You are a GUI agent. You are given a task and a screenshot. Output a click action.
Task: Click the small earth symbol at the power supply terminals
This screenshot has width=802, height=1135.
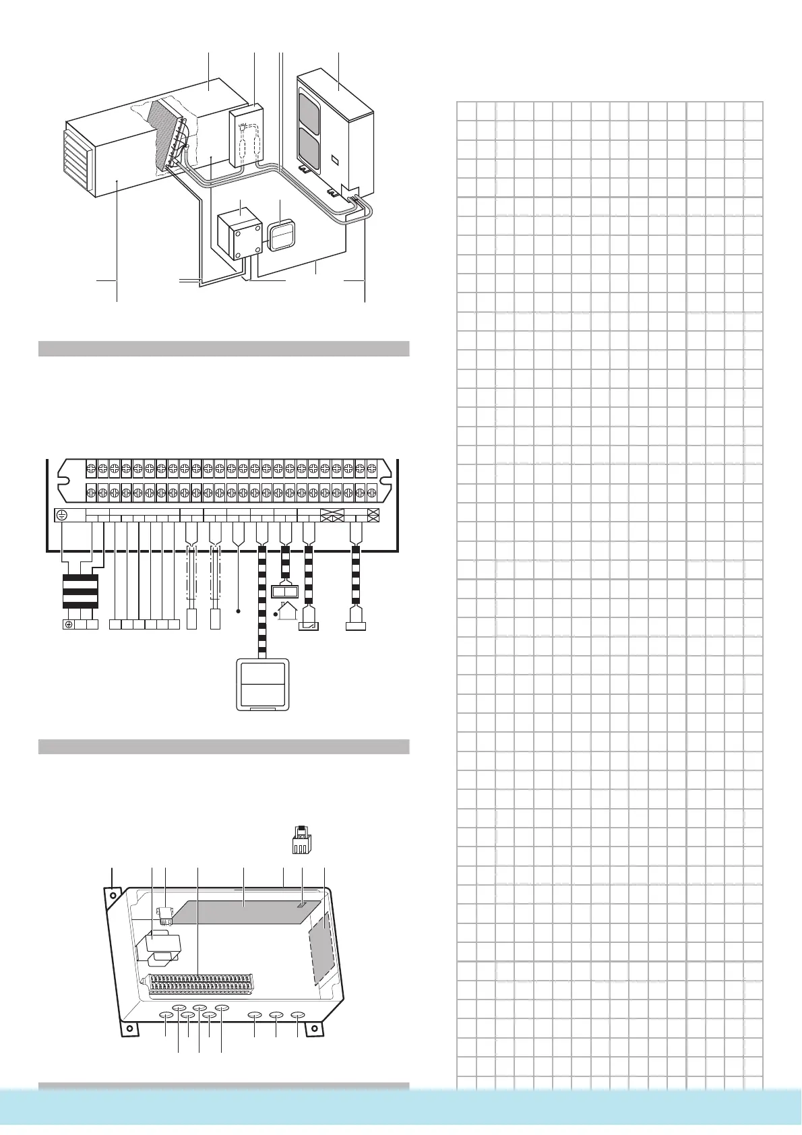click(68, 625)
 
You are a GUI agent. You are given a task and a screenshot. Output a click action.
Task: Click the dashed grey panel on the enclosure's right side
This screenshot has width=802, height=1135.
click(321, 946)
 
